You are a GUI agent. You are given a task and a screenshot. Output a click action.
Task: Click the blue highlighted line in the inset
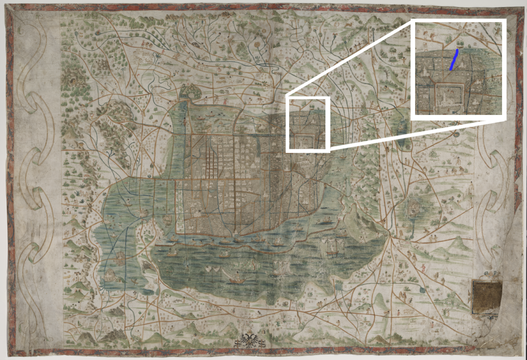454,60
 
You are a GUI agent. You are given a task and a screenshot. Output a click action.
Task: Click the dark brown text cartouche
487,297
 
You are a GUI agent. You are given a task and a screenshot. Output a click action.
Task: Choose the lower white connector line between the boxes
371,135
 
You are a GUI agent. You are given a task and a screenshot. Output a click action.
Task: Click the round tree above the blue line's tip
460,44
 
